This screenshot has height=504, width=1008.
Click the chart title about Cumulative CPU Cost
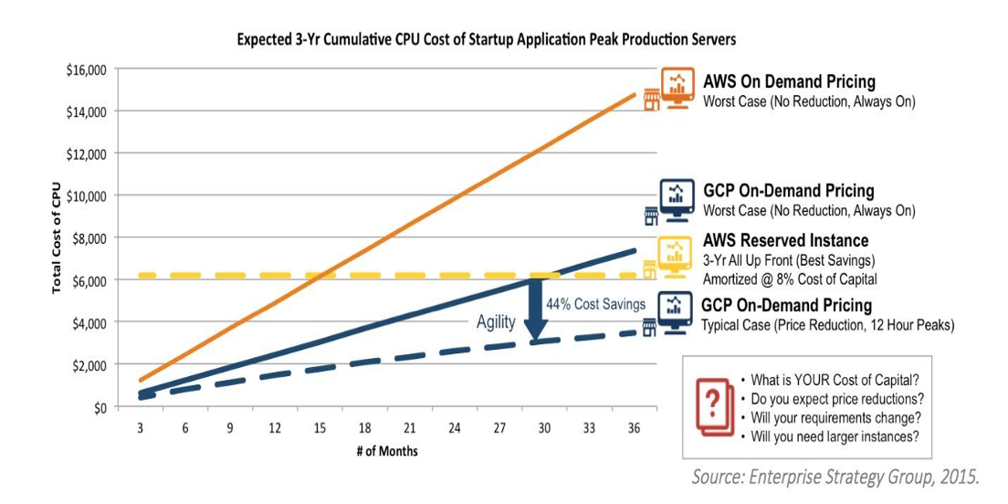coord(486,40)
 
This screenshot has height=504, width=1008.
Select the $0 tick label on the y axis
coord(100,407)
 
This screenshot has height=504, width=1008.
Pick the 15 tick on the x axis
coord(320,427)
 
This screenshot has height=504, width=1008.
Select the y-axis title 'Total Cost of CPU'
coord(57,237)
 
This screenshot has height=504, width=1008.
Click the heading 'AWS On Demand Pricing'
coord(789,82)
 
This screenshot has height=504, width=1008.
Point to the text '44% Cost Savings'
coord(595,304)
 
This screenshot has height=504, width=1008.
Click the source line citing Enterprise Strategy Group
coord(835,476)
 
